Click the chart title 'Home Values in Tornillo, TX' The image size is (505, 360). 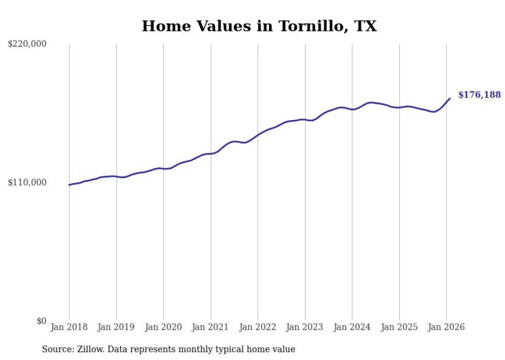(259, 26)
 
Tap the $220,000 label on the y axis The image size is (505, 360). (27, 44)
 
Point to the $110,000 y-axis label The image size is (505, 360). (27, 182)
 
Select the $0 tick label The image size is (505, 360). (41, 321)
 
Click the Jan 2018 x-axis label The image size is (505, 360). (69, 327)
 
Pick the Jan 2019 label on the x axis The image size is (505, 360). (116, 327)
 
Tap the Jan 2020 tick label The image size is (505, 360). (163, 327)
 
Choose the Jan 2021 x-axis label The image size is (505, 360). (211, 327)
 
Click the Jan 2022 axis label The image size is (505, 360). (258, 327)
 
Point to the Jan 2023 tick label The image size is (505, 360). (305, 327)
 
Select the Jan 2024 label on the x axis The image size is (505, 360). (352, 327)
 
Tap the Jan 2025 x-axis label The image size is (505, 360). (399, 327)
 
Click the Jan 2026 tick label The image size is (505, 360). (446, 327)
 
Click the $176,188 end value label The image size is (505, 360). (479, 95)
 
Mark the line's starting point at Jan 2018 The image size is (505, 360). (69, 185)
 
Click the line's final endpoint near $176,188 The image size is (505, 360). (450, 98)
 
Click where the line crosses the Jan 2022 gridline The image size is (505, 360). (258, 134)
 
